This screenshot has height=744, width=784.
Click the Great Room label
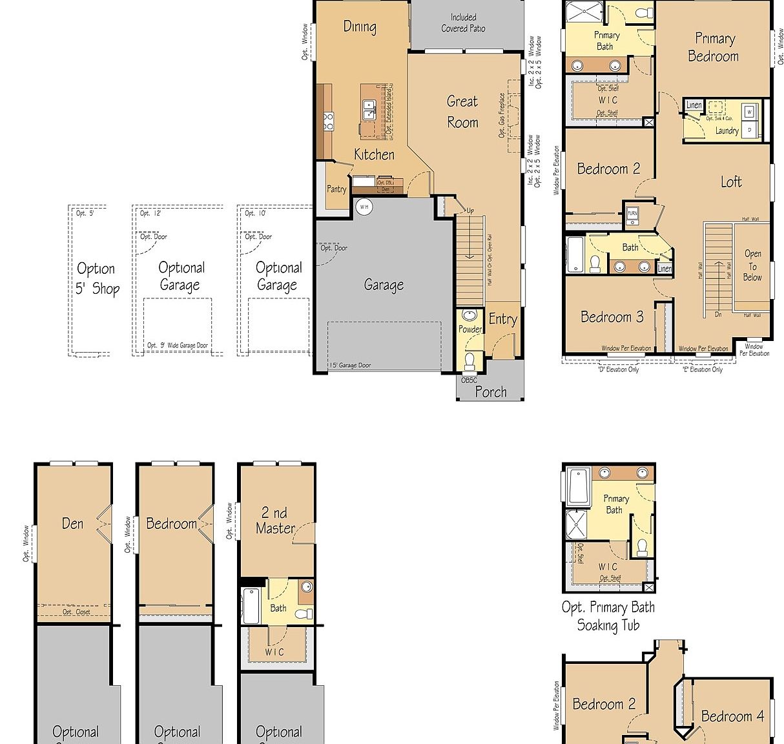[x=462, y=112]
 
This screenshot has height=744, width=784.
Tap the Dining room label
[x=360, y=26]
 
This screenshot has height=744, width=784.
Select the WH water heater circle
[x=364, y=207]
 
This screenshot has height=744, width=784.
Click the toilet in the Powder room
[x=469, y=358]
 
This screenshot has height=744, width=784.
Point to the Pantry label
[x=336, y=189]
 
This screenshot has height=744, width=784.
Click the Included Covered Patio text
[x=463, y=23]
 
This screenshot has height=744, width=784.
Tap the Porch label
[x=491, y=391]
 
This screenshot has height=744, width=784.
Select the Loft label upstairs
[x=731, y=182]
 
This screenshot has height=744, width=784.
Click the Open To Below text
[x=752, y=265]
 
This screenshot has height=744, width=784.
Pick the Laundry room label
[x=727, y=130]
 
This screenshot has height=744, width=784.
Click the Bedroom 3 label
[x=612, y=316]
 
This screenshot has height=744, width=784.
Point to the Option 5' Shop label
[x=97, y=278]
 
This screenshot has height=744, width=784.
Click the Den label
[x=72, y=523]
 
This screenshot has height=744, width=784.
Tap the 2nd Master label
[x=275, y=521]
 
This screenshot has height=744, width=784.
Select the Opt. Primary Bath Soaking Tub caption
[x=608, y=616]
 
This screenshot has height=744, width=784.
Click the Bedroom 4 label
[x=732, y=716]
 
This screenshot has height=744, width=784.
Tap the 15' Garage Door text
[x=350, y=366]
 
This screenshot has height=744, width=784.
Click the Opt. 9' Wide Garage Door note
[x=178, y=346]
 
